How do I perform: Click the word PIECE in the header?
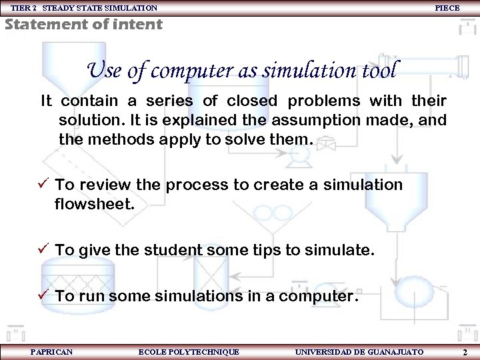447,8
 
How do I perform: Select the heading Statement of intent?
83,25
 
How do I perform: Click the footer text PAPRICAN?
51,351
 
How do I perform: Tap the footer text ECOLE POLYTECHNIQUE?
188,351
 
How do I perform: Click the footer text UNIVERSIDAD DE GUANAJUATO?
359,351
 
